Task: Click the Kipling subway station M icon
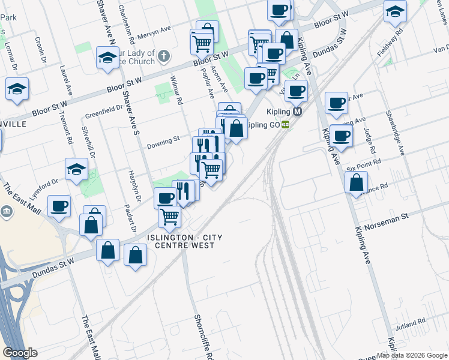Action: click(297, 112)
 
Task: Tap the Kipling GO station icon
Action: click(286, 125)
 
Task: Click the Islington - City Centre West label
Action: click(185, 242)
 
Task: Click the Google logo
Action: click(20, 352)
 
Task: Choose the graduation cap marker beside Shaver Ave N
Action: click(107, 58)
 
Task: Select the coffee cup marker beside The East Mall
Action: click(59, 206)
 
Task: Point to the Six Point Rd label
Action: click(364, 163)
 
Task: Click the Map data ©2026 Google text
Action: click(411, 355)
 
